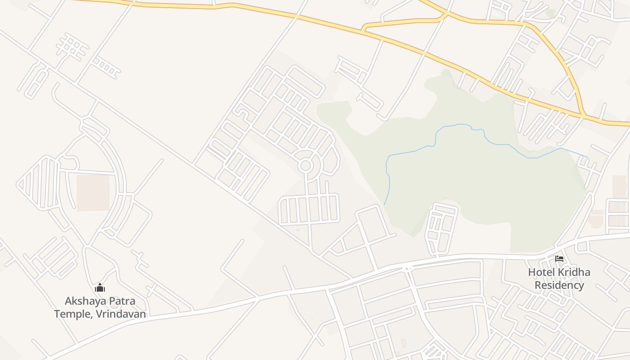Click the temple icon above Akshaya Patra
100,288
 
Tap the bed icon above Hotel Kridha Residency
559,258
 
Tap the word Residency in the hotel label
559,285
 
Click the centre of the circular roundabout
306,166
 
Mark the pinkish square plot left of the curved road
93,192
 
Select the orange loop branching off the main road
405,20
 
